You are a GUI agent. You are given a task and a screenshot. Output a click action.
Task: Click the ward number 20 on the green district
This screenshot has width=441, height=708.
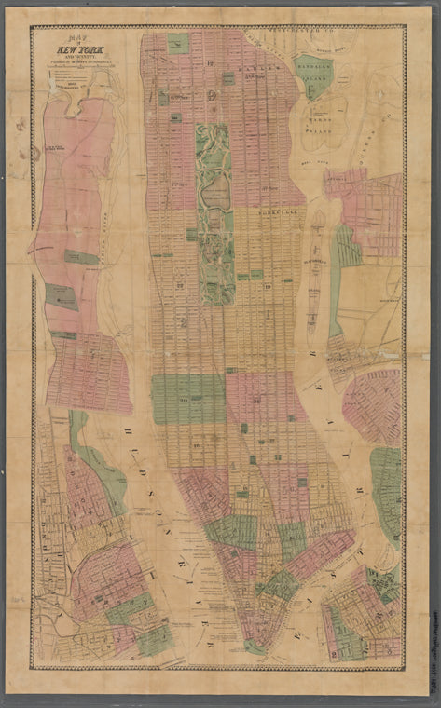tap(185, 398)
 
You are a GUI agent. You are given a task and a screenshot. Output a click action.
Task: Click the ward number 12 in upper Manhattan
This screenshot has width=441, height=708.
tap(211, 62)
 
